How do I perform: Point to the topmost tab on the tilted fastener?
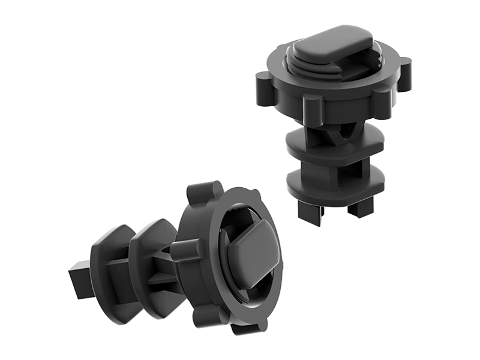200,193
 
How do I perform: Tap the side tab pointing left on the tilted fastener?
184,249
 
